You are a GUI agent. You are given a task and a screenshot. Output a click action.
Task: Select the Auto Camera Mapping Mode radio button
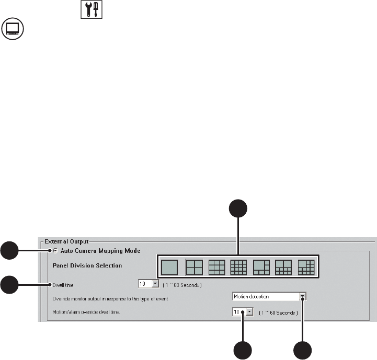click(55, 251)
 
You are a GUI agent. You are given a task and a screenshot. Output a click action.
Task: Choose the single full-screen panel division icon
click(169, 268)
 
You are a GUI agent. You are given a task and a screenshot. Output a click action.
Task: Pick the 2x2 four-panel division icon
click(193, 268)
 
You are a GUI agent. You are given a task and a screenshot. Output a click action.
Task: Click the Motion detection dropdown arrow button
click(303, 296)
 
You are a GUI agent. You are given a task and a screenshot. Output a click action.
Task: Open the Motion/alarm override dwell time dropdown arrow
click(249, 311)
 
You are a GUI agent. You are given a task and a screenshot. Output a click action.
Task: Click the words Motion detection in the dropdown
click(252, 297)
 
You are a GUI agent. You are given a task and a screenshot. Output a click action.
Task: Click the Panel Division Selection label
click(87, 265)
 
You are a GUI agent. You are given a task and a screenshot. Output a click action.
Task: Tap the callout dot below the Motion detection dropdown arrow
click(303, 351)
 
